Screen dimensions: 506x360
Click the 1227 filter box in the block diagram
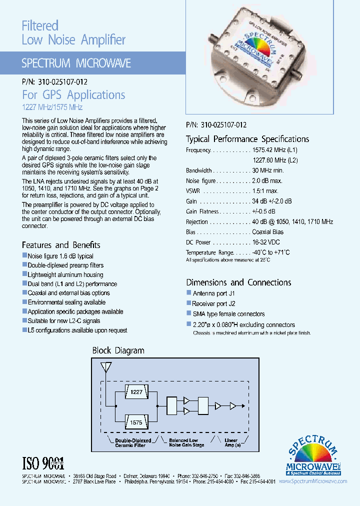(x=136, y=392)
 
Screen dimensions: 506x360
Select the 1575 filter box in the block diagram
(x=136, y=422)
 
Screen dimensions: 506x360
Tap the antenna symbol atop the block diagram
(x=105, y=368)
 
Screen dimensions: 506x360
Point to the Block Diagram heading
(x=118, y=350)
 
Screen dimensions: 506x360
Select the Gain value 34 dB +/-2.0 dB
(x=272, y=201)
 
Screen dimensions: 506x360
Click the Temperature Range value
(x=270, y=252)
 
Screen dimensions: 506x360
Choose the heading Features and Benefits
(x=61, y=245)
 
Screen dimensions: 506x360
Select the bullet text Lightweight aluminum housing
(x=65, y=274)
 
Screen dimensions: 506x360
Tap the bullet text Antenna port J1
(x=213, y=293)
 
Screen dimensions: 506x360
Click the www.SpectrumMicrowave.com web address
(x=312, y=481)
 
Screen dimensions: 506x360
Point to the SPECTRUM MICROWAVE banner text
(x=76, y=63)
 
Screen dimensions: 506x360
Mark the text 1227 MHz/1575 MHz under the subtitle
(x=52, y=107)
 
